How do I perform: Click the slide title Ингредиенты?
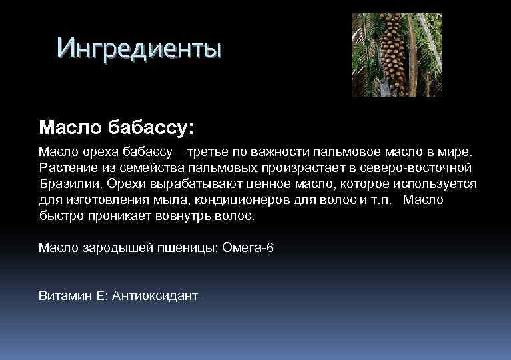click(x=139, y=48)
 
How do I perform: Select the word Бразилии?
click(x=67, y=184)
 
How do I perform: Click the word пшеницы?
click(x=181, y=248)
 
